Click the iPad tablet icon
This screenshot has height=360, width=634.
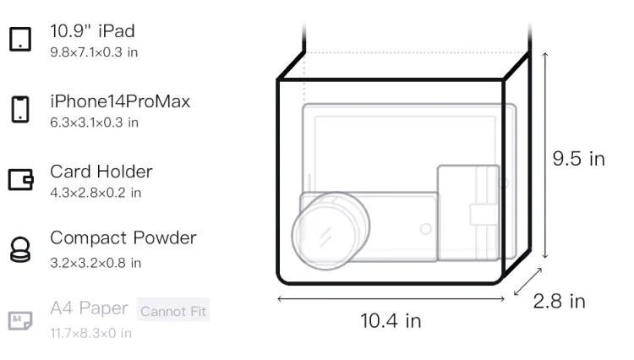[20, 39]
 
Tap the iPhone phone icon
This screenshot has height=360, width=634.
[20, 109]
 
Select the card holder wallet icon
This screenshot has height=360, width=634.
[20, 179]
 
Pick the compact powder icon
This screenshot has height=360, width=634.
[19, 249]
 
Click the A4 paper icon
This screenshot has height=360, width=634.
[20, 320]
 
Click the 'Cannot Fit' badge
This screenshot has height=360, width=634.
[173, 311]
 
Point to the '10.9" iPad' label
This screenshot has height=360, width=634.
[92, 31]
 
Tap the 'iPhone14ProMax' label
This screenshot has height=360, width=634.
[120, 101]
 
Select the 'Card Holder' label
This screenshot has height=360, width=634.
[101, 172]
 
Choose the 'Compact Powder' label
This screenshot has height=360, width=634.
[123, 238]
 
